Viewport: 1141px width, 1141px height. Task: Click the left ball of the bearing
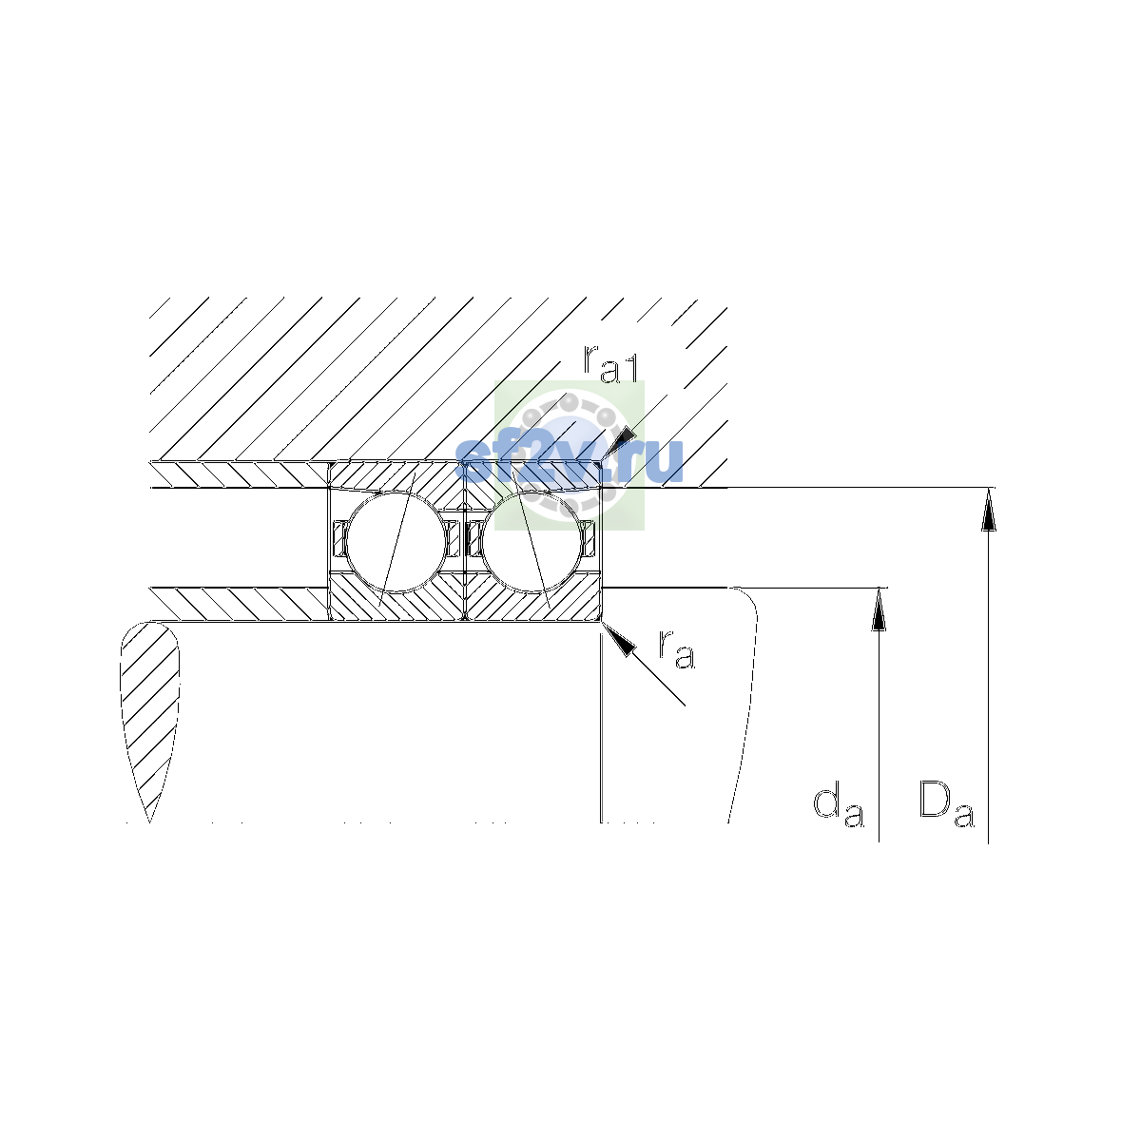click(x=396, y=542)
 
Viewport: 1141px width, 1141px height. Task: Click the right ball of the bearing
click(x=532, y=542)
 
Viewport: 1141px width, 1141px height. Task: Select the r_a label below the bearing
click(x=676, y=649)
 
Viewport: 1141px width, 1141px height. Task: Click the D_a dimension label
click(x=946, y=803)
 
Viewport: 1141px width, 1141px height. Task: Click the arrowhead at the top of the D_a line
click(x=988, y=510)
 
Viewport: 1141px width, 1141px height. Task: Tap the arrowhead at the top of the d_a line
click(x=879, y=609)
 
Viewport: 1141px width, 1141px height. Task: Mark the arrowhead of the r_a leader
click(x=618, y=638)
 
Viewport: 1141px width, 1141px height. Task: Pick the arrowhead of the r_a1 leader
click(x=619, y=445)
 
